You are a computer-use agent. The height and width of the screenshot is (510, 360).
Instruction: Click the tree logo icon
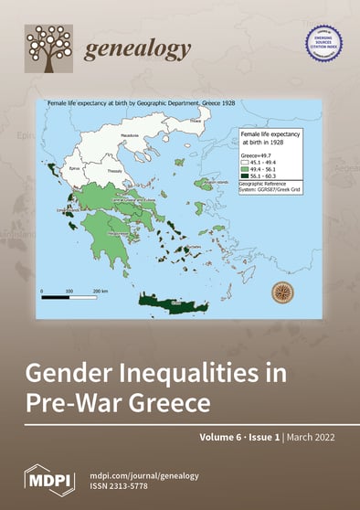pos(48,48)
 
